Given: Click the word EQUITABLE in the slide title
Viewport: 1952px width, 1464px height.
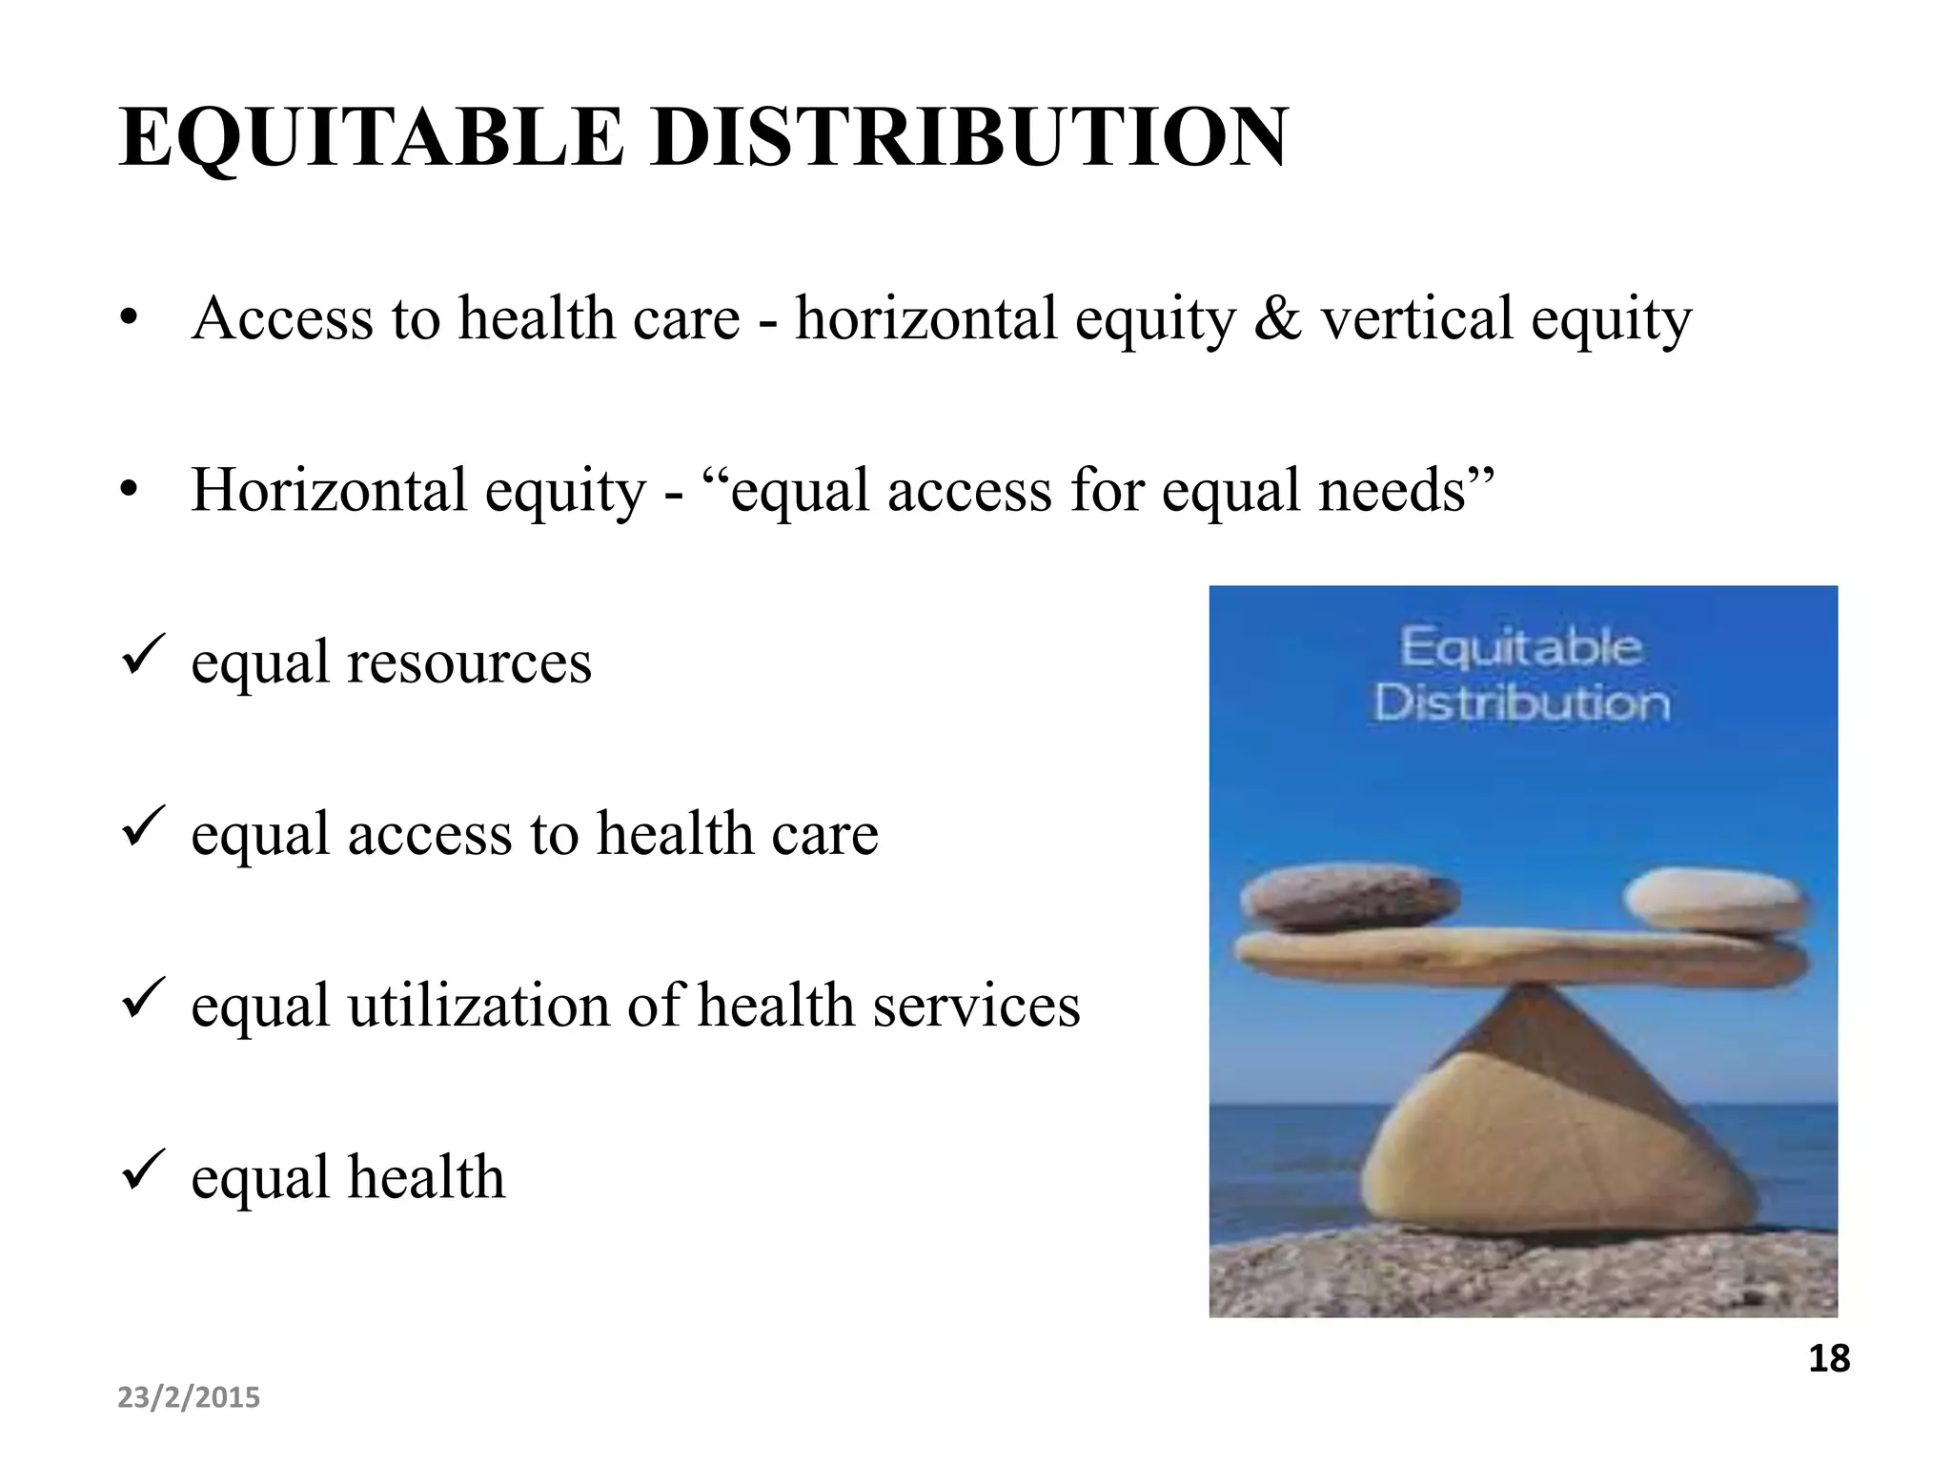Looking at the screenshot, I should pos(372,138).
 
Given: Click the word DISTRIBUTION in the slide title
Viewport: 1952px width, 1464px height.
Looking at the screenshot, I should pos(969,138).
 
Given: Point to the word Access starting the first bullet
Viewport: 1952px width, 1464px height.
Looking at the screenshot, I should pos(282,317).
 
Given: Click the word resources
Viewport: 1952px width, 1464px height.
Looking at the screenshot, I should pos(469,663).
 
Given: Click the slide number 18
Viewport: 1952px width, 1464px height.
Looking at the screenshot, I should pos(1829,1359).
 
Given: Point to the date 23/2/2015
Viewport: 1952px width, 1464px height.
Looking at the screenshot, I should pos(189,1398).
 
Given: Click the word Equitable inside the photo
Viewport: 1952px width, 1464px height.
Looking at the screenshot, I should pos(1521,649).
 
